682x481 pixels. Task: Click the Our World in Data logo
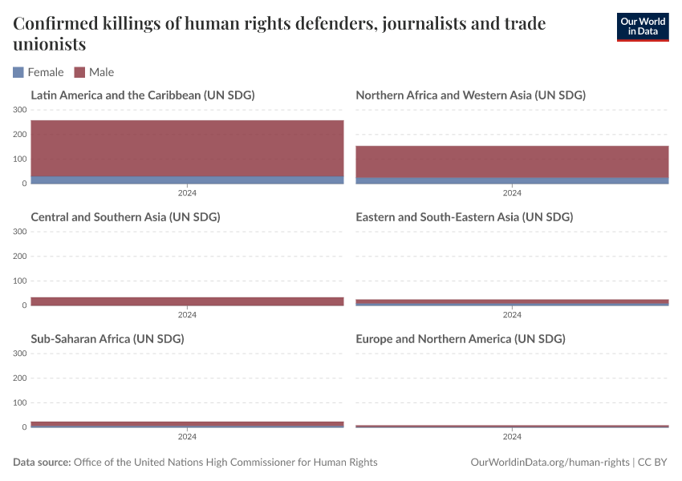tap(642, 26)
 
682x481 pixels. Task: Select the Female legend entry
tap(39, 72)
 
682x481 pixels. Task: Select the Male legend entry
tap(94, 72)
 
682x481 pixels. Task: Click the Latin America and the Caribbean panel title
tap(142, 95)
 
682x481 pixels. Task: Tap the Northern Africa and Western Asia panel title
tap(470, 95)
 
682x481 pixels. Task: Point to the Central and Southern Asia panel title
tap(125, 217)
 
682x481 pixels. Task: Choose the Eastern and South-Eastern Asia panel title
tap(464, 217)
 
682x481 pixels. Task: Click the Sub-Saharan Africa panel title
tap(108, 339)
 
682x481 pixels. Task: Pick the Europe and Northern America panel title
tap(460, 339)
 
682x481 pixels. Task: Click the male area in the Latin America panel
tap(187, 148)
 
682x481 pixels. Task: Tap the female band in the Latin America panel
tap(187, 180)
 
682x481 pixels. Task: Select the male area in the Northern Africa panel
tap(512, 161)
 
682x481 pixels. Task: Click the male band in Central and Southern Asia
tap(187, 301)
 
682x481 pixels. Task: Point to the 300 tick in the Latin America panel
tap(20, 110)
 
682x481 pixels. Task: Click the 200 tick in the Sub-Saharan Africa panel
tap(20, 378)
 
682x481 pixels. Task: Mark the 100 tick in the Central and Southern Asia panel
tap(20, 281)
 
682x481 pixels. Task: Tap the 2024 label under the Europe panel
tap(512, 437)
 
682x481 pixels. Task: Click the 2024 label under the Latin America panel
tap(187, 193)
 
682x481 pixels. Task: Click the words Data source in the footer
tap(42, 463)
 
